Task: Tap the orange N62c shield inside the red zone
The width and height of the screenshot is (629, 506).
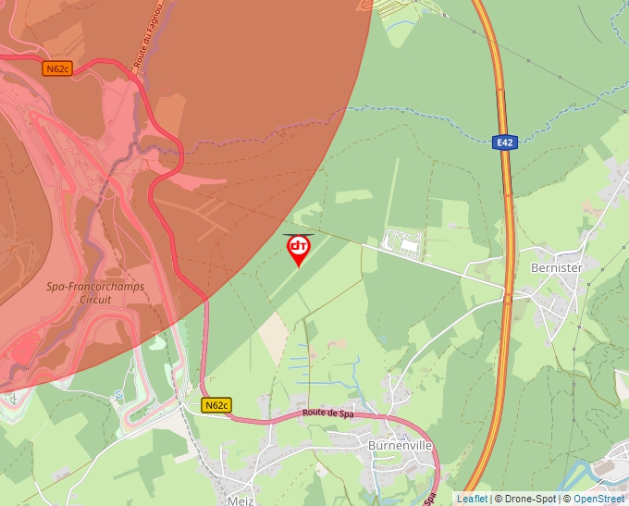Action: point(57,68)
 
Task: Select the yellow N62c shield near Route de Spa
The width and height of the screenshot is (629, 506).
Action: point(216,405)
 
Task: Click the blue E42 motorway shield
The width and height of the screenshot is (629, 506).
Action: point(503,142)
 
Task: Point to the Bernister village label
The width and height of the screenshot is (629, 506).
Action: point(557,267)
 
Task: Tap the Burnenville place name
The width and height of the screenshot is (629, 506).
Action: point(400,445)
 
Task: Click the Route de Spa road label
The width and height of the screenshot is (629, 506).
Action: point(329,413)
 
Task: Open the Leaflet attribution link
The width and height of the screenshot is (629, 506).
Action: point(472,499)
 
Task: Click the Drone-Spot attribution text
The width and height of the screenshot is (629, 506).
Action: point(530,499)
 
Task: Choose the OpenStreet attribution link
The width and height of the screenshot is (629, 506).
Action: point(598,499)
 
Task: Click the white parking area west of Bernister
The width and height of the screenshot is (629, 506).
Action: point(403,243)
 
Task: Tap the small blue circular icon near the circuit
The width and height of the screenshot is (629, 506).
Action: point(118,395)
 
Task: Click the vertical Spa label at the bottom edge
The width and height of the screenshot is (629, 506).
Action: point(430,497)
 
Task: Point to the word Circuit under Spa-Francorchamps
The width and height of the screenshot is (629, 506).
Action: point(95,299)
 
